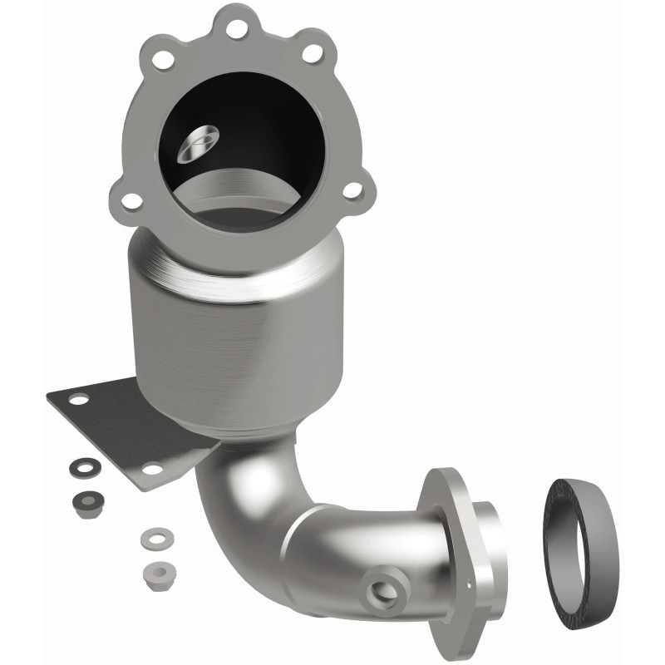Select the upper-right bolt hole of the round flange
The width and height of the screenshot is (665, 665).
tap(312, 53)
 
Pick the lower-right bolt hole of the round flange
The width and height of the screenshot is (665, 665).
tap(352, 190)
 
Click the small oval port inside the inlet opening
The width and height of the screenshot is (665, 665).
tap(199, 140)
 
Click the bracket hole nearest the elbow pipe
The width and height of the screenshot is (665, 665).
tap(151, 470)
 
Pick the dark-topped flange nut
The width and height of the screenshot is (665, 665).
tap(84, 502)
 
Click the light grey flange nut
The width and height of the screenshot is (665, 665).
tap(153, 571)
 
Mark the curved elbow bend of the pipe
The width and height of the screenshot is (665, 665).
tap(249, 507)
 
